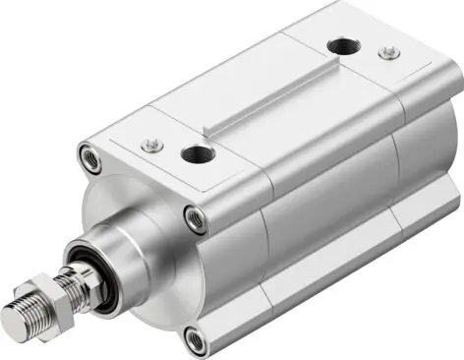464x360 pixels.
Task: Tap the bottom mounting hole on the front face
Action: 195,340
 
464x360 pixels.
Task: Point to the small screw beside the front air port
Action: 150,145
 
